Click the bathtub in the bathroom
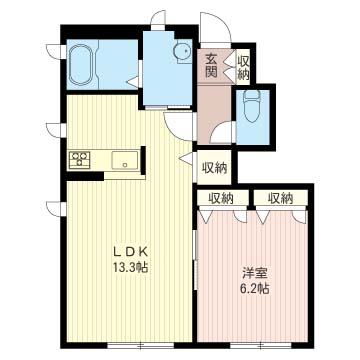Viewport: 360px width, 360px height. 82,65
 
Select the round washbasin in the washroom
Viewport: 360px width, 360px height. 182,52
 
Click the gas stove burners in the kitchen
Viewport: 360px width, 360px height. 79,159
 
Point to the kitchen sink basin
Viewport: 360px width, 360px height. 125,160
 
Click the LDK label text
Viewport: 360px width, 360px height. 131,252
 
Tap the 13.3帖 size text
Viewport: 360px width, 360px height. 130,267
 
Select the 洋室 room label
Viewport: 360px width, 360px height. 255,274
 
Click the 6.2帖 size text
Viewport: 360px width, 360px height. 255,288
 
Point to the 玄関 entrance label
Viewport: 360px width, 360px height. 211,66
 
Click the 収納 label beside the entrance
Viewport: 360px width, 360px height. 243,67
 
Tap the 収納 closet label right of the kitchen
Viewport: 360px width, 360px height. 215,168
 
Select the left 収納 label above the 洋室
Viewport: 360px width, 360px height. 221,199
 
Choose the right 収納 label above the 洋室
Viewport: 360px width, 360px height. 280,199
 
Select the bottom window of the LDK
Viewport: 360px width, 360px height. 140,345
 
